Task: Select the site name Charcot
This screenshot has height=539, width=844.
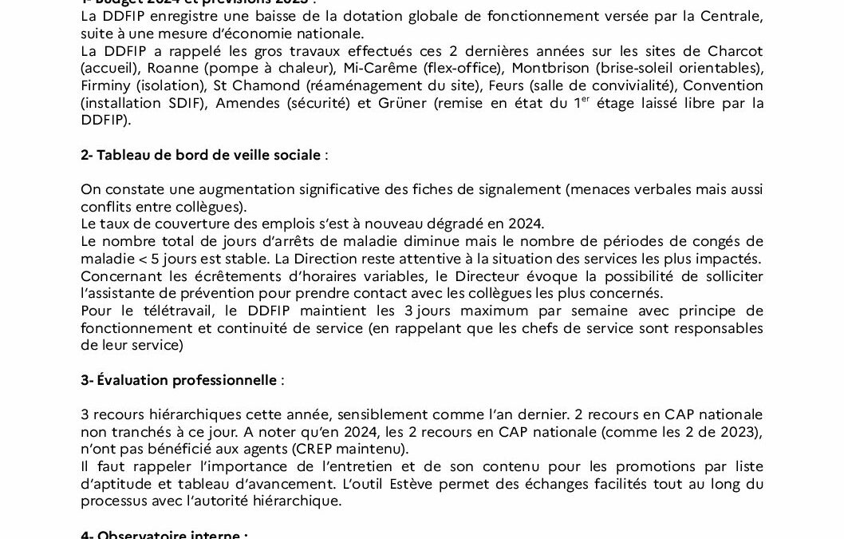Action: coord(734,51)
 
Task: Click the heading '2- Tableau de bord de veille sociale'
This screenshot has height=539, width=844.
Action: coord(200,155)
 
